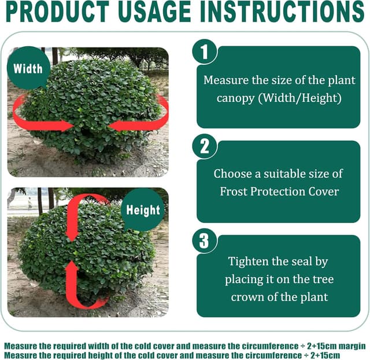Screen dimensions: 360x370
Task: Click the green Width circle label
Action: [x=28, y=68]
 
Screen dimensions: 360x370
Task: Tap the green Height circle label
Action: [x=142, y=210]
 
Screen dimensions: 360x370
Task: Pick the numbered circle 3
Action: [x=204, y=241]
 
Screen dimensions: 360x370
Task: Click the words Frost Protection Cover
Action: [x=278, y=191]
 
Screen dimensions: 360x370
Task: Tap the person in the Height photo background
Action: [x=30, y=203]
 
